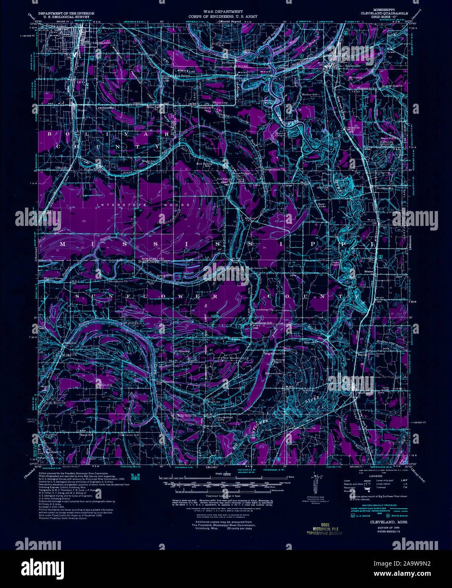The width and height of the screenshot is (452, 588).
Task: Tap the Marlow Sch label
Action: (x=309, y=94)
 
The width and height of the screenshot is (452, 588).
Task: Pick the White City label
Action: (x=220, y=103)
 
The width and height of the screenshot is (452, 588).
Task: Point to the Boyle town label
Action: (x=81, y=110)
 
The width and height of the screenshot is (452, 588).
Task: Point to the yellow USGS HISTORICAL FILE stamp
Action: (x=324, y=528)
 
